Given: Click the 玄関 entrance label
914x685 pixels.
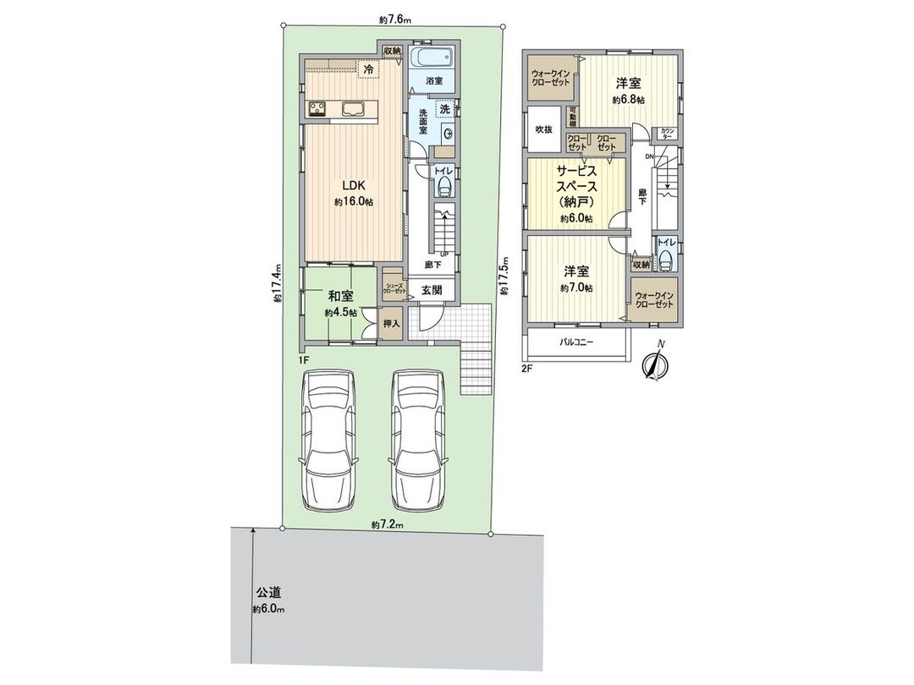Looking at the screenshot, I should click(432, 290).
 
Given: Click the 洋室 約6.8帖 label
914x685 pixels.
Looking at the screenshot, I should click(627, 90).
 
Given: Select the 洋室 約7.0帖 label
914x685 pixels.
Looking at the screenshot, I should click(576, 279).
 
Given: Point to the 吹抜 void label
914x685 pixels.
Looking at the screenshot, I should click(543, 129).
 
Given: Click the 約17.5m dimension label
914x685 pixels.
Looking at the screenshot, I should click(504, 275).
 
